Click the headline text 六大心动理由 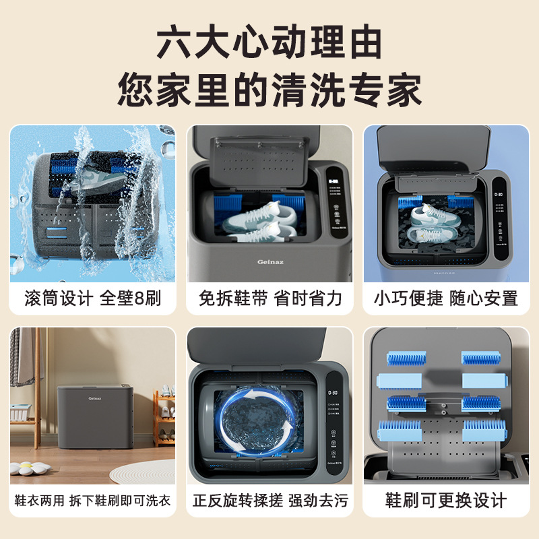pos(269,42)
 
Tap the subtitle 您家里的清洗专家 pos(269,89)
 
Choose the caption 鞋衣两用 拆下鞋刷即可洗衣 pos(92,501)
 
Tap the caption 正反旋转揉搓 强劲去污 pos(269,501)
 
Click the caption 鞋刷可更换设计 pos(446,501)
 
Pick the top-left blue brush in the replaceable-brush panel pos(404,358)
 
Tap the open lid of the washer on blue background pos(431,152)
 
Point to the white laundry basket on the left pos(21,412)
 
